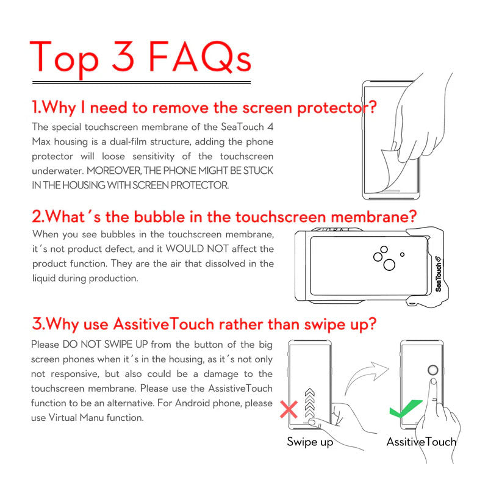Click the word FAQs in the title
click(x=200, y=57)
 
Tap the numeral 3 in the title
click(x=123, y=56)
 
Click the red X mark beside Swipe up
click(x=289, y=409)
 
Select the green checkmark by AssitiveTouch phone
click(x=404, y=408)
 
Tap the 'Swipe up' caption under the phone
click(x=310, y=442)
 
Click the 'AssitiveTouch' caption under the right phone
click(x=422, y=442)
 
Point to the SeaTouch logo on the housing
click(x=438, y=274)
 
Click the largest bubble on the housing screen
click(x=389, y=265)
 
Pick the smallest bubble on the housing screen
click(x=402, y=254)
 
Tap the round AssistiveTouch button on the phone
click(x=432, y=370)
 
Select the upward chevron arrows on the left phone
click(x=310, y=403)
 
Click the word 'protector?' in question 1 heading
click(x=337, y=108)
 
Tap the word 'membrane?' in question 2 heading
click(x=373, y=217)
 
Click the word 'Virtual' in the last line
click(x=63, y=418)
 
